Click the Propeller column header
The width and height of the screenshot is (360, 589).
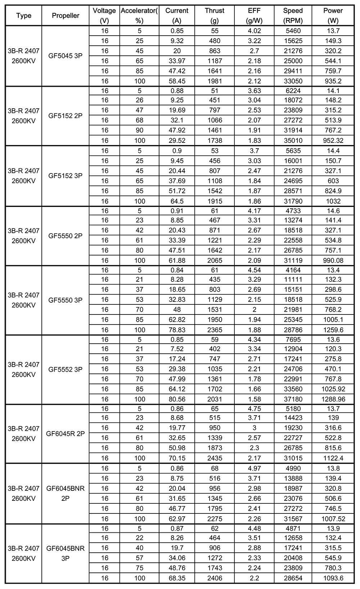[65, 15]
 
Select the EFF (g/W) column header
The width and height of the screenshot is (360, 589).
[254, 15]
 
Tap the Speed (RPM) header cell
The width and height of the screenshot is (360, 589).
[293, 15]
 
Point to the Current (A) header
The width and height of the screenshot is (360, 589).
[177, 15]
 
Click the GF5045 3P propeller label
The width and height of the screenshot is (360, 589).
[65, 56]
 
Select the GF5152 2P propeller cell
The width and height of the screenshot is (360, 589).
[65, 116]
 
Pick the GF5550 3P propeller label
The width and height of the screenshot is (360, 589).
[65, 300]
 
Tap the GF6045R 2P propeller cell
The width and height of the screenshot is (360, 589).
[65, 434]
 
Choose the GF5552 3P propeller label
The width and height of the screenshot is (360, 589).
[65, 369]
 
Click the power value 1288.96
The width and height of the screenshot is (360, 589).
[333, 399]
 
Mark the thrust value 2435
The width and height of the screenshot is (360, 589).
[215, 458]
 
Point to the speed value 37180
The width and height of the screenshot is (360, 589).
[293, 399]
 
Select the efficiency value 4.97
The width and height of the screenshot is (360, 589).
[254, 468]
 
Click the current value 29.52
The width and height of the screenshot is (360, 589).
[177, 140]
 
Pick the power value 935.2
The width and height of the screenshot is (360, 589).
[333, 81]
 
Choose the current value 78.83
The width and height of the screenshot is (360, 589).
[177, 330]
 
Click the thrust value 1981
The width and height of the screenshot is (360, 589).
[215, 81]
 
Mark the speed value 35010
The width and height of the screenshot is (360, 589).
[293, 140]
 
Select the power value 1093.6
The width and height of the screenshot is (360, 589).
[333, 578]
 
